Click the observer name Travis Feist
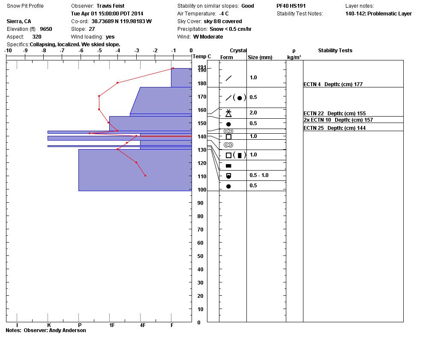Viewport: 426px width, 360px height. click(111, 6)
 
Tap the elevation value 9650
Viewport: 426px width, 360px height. click(46, 29)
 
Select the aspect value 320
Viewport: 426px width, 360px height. click(37, 37)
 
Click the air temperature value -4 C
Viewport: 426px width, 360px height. click(224, 14)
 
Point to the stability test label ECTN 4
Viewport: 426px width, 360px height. click(312, 84)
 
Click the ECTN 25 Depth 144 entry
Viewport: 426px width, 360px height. click(334, 128)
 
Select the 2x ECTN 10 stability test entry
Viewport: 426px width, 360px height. click(317, 120)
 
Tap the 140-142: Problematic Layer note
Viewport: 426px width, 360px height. click(378, 14)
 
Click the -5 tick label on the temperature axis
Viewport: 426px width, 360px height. click(99, 51)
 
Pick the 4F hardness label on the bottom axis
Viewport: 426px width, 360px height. click(143, 325)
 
